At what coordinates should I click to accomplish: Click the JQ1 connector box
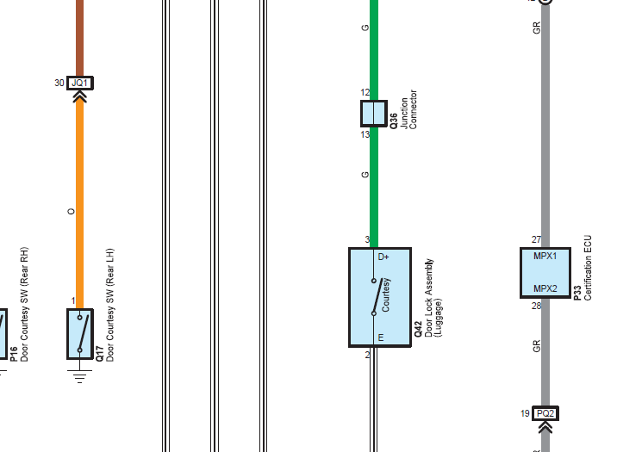click(x=80, y=83)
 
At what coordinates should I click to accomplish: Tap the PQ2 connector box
click(x=545, y=413)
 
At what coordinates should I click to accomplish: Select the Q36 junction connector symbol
click(x=374, y=114)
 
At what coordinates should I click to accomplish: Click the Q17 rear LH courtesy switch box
click(x=80, y=334)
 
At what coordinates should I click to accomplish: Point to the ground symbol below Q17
click(x=79, y=376)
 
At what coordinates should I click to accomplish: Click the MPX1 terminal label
click(x=545, y=256)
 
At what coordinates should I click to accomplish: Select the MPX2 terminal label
click(x=545, y=288)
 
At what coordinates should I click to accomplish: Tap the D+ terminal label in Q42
click(x=383, y=257)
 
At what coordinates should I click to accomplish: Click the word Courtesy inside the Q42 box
click(x=385, y=294)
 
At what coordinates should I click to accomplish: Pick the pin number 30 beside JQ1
click(x=59, y=83)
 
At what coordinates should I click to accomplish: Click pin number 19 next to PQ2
click(x=525, y=413)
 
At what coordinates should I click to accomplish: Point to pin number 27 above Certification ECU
click(x=536, y=239)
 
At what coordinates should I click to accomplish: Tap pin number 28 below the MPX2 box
click(x=536, y=306)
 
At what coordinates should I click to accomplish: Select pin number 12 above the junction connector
click(x=365, y=92)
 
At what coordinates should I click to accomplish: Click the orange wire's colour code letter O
click(x=71, y=212)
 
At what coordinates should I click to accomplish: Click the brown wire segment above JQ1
click(x=79, y=38)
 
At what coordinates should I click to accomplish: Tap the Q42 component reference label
click(x=418, y=329)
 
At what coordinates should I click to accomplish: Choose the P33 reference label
click(x=577, y=294)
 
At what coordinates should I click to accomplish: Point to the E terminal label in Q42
click(x=381, y=337)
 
